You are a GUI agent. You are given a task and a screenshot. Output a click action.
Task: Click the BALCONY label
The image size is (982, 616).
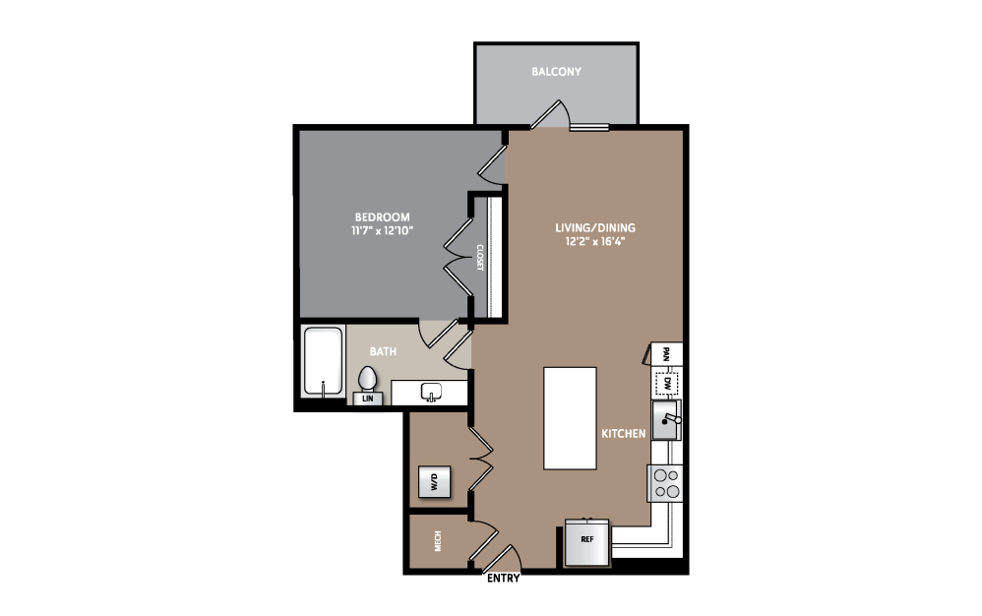tap(556, 72)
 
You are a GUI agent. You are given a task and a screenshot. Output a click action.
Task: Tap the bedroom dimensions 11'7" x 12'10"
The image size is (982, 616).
tap(382, 230)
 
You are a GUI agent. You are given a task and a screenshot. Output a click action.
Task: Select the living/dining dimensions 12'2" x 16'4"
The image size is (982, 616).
tap(595, 240)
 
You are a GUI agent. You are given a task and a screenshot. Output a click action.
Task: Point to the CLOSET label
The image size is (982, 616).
tap(480, 257)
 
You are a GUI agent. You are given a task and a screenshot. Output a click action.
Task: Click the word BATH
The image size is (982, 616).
tap(383, 352)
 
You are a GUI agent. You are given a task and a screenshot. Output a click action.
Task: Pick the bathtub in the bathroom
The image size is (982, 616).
tap(323, 362)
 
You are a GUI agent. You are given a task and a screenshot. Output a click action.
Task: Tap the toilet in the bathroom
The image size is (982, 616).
tap(367, 380)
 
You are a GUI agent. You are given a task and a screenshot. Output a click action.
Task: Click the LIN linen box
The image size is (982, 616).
tap(368, 399)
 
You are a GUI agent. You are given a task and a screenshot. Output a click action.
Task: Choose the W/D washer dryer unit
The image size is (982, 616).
tap(434, 481)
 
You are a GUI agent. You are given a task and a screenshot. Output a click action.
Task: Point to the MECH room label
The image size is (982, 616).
tap(438, 541)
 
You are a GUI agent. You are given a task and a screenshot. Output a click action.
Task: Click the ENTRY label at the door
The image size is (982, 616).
tap(503, 579)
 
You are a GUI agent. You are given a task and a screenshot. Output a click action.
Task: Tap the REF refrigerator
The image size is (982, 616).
tap(586, 542)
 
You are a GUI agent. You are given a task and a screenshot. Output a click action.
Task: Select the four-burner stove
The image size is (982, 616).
tap(665, 483)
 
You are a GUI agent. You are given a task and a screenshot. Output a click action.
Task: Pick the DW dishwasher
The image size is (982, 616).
tap(666, 383)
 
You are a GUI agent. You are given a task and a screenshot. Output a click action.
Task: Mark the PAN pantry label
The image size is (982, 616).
tap(666, 354)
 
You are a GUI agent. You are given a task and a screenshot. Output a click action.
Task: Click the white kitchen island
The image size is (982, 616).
tap(570, 418)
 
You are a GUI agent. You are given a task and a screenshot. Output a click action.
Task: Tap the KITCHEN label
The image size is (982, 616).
tap(623, 434)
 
